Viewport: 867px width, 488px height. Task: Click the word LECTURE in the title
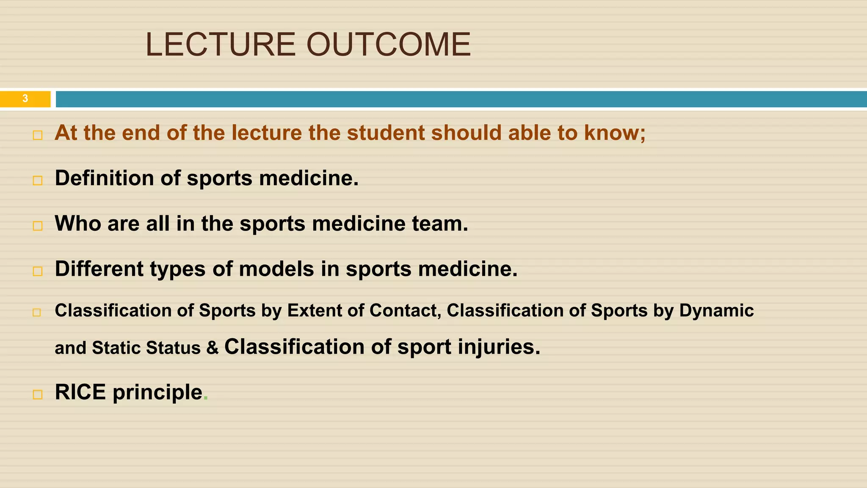[x=220, y=44]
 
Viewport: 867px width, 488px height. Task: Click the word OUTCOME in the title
[x=388, y=44]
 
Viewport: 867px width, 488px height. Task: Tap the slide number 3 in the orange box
[x=25, y=99]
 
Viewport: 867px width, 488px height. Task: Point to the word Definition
[x=104, y=178]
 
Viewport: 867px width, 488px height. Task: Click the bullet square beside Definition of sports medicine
[x=37, y=180]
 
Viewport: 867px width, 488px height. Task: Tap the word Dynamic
[x=716, y=311]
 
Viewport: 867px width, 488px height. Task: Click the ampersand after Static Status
[x=212, y=348]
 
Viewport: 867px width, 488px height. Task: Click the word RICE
[x=80, y=392]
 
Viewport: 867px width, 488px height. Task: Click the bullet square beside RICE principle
[x=37, y=395]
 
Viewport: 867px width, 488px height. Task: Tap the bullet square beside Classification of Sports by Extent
[x=37, y=313]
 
